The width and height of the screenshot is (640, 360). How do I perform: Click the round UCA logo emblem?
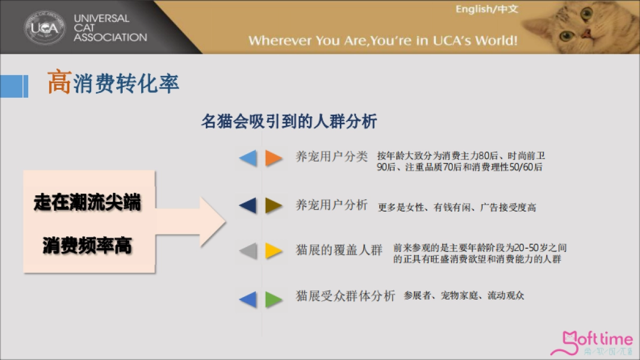tap(45, 27)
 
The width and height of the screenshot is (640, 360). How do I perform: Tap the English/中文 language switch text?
tap(486, 10)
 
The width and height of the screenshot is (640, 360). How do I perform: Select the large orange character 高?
tap(59, 83)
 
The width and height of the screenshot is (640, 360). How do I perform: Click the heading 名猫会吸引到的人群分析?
tap(289, 122)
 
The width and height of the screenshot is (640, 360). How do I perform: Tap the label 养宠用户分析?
tap(332, 205)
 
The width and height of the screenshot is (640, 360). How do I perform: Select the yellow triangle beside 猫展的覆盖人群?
tap(274, 251)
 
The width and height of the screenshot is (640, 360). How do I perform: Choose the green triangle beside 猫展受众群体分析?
tap(274, 299)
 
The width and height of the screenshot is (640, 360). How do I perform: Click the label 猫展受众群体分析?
tap(346, 296)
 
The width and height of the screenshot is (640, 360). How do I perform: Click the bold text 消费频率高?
tap(87, 246)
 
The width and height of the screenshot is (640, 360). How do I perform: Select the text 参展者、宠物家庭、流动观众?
tap(464, 295)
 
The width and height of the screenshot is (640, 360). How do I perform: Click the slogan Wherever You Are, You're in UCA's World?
tap(382, 41)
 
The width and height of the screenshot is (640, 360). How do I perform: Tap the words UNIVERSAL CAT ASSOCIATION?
tap(110, 28)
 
